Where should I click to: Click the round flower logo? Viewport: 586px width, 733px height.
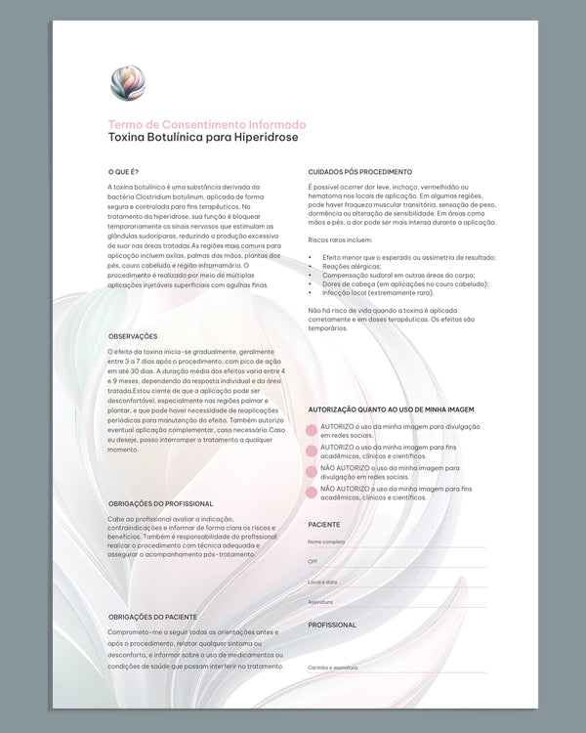(x=128, y=83)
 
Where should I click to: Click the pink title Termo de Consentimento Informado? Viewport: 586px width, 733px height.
(x=207, y=125)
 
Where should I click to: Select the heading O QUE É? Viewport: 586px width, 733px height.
(x=124, y=172)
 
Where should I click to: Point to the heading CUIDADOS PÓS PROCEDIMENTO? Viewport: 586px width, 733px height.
(x=359, y=172)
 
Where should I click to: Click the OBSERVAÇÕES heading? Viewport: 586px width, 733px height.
(x=134, y=336)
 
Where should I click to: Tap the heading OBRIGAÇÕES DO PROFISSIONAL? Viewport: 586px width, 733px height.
(x=161, y=504)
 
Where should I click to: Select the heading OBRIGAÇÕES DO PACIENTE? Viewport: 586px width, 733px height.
(x=152, y=617)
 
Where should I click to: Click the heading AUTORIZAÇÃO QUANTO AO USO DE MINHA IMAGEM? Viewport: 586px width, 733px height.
(x=391, y=410)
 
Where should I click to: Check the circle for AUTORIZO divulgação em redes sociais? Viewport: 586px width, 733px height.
(x=313, y=431)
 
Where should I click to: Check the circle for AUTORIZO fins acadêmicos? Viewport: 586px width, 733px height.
(x=313, y=451)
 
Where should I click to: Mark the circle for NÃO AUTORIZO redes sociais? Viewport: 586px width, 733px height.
(x=313, y=471)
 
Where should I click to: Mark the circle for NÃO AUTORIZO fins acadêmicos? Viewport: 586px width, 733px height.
(x=313, y=492)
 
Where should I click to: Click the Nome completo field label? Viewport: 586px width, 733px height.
(x=326, y=541)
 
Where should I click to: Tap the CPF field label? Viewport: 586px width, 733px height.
(x=313, y=562)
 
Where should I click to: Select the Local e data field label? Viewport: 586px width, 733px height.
(x=322, y=582)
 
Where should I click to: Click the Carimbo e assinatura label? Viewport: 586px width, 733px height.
(x=332, y=668)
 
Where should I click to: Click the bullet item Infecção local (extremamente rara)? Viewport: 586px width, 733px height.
(x=377, y=292)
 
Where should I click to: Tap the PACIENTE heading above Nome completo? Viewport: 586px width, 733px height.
(x=324, y=525)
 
